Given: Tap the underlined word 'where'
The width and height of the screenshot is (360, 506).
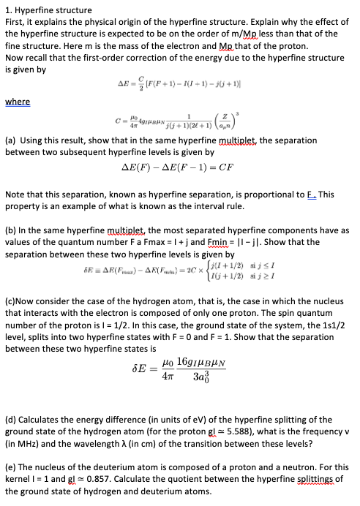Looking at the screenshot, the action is [18, 102].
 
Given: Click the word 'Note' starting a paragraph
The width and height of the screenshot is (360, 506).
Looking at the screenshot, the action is [15, 195].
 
